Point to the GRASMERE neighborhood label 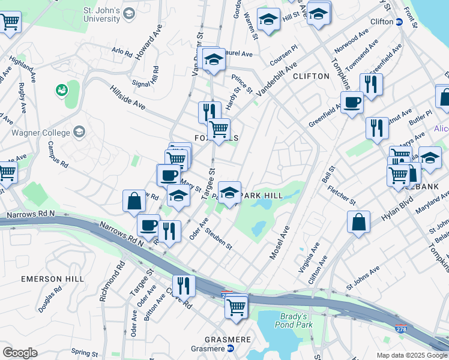tap(227, 339)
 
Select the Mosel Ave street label tap(280, 242)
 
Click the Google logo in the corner tap(20, 353)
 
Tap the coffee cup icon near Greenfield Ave tap(352, 101)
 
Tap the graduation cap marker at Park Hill tap(229, 193)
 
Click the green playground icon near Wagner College tap(61, 90)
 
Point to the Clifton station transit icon tap(398, 22)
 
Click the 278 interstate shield tap(401, 329)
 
